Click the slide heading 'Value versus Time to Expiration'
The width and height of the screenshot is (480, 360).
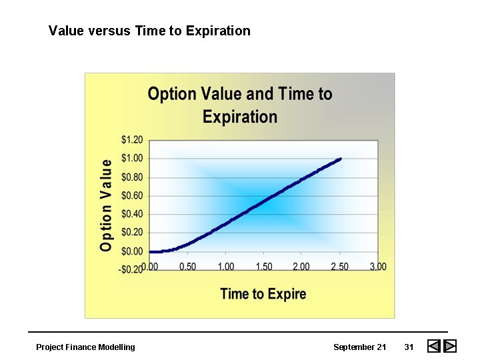(x=149, y=31)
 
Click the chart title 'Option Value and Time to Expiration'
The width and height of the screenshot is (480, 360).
(x=240, y=105)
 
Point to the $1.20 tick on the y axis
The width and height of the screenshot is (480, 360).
(x=132, y=140)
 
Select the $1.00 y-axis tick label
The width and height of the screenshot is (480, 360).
(x=132, y=159)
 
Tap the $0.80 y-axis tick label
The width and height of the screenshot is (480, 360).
(x=132, y=177)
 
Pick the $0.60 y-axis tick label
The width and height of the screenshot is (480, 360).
(x=132, y=195)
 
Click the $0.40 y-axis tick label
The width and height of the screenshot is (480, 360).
(x=132, y=214)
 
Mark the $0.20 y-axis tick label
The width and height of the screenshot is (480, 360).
(x=132, y=233)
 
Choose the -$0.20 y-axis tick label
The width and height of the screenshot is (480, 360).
(x=130, y=269)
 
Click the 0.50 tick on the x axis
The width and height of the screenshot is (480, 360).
(x=188, y=267)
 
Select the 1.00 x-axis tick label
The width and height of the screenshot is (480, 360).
(x=226, y=267)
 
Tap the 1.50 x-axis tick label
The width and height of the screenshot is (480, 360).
(x=264, y=267)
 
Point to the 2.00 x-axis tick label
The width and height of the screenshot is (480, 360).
(x=301, y=267)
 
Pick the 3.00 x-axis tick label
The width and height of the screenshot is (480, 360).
(x=377, y=267)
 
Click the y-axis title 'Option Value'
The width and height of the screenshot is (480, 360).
(x=106, y=205)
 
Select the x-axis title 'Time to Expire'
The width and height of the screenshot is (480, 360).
(x=263, y=293)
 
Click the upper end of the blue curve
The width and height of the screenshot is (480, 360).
(x=340, y=159)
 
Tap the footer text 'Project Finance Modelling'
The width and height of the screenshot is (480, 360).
(x=85, y=347)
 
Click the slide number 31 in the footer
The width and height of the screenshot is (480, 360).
(x=409, y=347)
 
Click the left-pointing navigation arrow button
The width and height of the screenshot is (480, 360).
(x=434, y=346)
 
